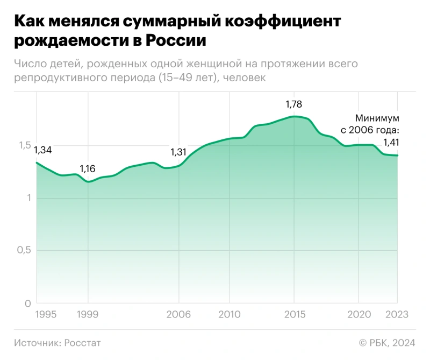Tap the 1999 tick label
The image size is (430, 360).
pyautogui.click(x=88, y=314)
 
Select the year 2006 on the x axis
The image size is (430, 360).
pyautogui.click(x=178, y=314)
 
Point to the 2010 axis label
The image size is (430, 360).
pyautogui.click(x=230, y=314)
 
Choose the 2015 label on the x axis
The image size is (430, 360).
pyautogui.click(x=294, y=314)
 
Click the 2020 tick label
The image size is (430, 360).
pyautogui.click(x=359, y=314)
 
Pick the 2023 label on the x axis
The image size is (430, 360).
pyautogui.click(x=397, y=314)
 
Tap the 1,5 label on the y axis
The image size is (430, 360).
pyautogui.click(x=23, y=145)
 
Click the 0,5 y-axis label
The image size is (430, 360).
pyautogui.click(x=23, y=251)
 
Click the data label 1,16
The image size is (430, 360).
pyautogui.click(x=88, y=169)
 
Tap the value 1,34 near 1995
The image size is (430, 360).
pyautogui.click(x=43, y=150)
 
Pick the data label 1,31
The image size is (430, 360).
pyautogui.click(x=178, y=152)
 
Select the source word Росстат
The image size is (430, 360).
pyautogui.click(x=83, y=342)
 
